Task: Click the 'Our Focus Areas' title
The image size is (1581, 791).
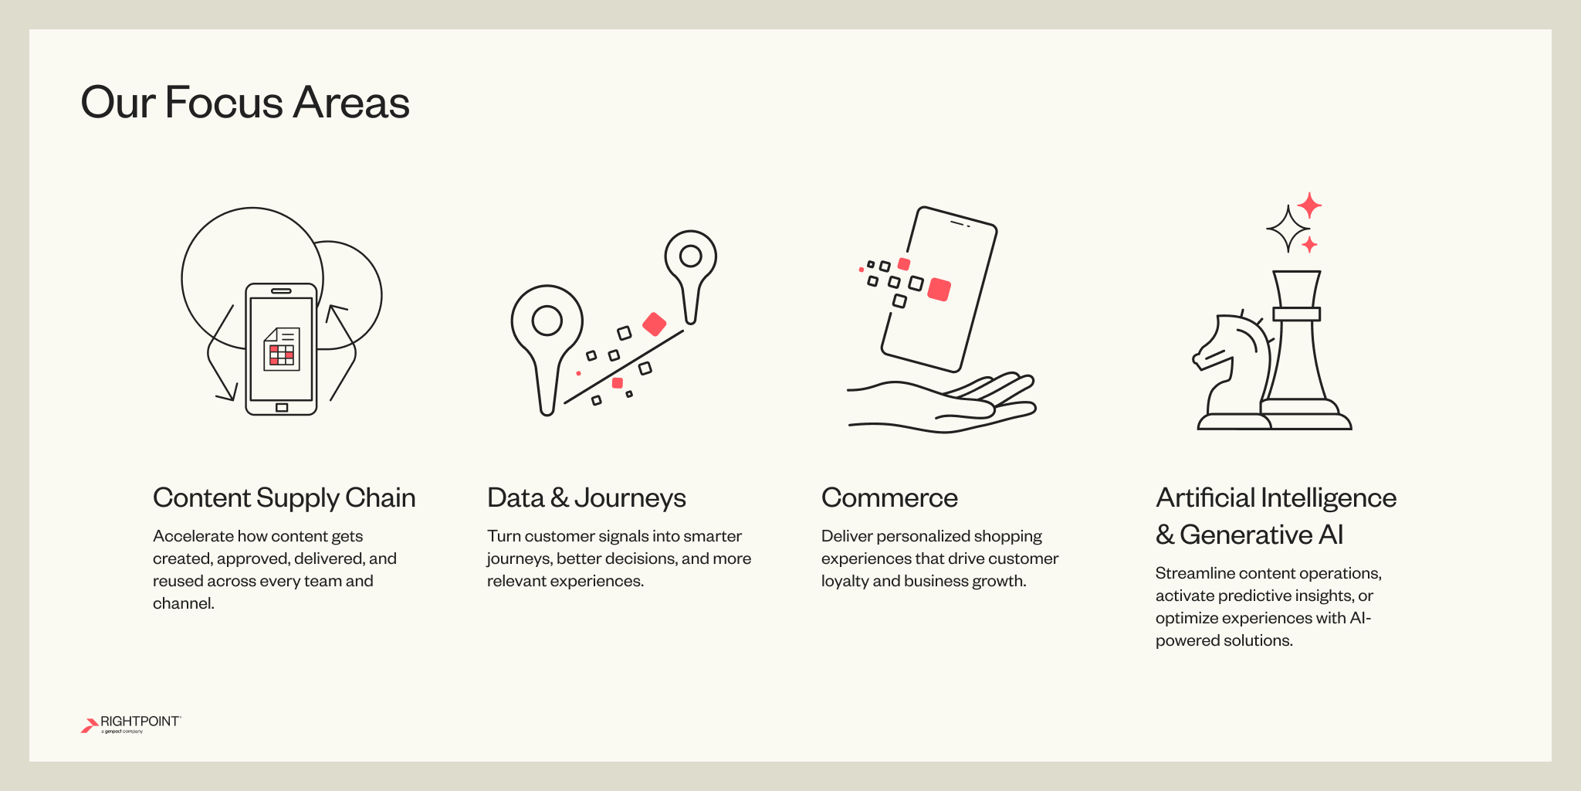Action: pos(245,103)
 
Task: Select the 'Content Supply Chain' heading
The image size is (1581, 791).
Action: pos(284,498)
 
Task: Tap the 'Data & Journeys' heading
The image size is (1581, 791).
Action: pos(586,498)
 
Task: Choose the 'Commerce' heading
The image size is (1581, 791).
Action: pos(889,498)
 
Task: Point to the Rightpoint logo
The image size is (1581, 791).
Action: pos(130,724)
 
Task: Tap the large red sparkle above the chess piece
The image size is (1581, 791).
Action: pos(1309,205)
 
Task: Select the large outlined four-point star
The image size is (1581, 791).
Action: pos(1288,229)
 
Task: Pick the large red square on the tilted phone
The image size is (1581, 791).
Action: pos(939,289)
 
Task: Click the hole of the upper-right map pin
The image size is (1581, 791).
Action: pos(690,256)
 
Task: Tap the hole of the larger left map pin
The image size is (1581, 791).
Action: pos(547,321)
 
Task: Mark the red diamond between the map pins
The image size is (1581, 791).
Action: pos(654,324)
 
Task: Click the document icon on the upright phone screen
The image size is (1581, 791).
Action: pos(281,349)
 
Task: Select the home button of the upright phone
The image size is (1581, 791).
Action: pos(282,407)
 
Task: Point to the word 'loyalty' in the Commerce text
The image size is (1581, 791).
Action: pos(845,581)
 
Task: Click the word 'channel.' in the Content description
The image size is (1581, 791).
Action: pos(184,603)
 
